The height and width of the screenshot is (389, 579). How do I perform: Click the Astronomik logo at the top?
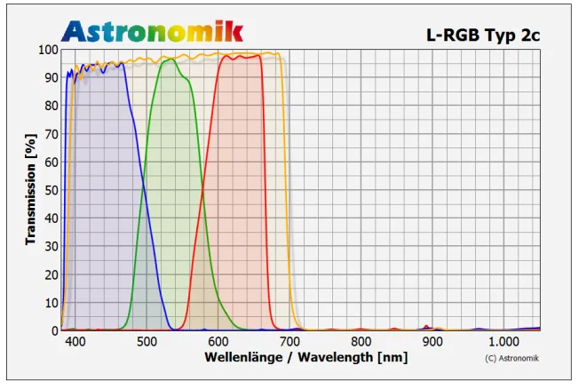coord(152,30)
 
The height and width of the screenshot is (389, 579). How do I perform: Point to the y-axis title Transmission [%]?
coord(30,189)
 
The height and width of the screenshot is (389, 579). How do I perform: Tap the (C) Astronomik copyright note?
coord(512,358)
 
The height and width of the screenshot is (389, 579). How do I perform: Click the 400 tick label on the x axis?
coord(75,342)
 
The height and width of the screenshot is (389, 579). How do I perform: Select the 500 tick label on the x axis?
coord(147,342)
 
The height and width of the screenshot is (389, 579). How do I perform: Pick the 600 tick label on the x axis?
coord(218,342)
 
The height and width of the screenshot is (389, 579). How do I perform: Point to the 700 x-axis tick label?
coord(289,342)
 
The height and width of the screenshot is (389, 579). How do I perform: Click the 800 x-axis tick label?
coord(361,342)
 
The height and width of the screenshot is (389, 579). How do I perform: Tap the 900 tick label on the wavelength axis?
coord(432,342)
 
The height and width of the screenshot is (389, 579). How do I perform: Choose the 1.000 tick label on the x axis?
coord(504,342)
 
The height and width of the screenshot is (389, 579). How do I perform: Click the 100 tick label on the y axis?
coord(48,50)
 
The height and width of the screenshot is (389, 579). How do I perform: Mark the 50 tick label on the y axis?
coord(52,190)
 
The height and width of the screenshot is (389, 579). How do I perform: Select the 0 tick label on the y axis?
coord(54,330)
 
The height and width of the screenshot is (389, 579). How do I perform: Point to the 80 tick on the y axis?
coord(52,106)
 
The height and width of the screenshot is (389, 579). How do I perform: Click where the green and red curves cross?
coord(203,189)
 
